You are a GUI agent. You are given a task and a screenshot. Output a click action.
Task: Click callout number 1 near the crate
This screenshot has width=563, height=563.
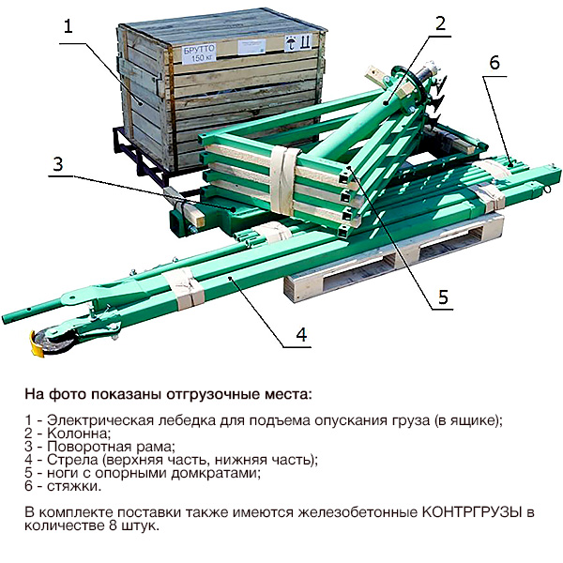tap(68, 26)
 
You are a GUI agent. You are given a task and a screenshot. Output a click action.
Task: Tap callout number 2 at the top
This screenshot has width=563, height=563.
tap(440, 23)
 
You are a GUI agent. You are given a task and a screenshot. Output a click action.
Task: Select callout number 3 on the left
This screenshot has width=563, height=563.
tap(58, 163)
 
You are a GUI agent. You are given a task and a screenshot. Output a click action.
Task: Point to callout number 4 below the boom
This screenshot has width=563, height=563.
tap(301, 335)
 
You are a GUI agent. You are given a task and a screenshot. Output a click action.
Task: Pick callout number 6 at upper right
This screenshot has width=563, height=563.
tap(495, 63)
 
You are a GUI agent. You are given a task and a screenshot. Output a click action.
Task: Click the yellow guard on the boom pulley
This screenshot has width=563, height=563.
tap(36, 344)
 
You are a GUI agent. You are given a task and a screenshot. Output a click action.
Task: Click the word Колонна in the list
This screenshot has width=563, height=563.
tap(78, 434)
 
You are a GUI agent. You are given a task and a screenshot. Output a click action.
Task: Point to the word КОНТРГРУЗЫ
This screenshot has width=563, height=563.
tap(471, 512)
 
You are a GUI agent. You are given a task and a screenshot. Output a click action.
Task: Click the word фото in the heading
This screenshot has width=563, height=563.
tap(67, 394)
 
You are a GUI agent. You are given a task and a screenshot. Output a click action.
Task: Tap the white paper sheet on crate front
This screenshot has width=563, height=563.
tap(251, 47)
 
